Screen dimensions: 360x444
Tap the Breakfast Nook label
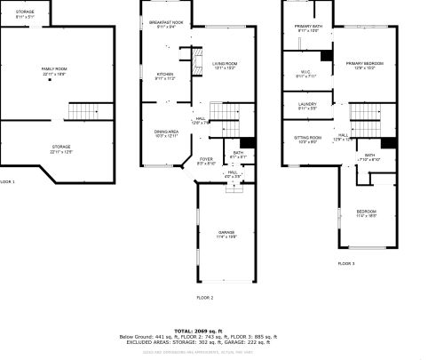166,24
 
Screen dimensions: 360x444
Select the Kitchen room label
165,76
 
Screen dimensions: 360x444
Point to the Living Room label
224,65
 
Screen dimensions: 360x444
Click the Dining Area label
167,133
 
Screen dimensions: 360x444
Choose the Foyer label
205,161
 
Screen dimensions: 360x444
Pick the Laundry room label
307,106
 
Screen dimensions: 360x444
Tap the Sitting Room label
307,140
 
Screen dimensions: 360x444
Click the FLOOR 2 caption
204,297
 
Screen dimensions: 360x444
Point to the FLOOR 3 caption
345,264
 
